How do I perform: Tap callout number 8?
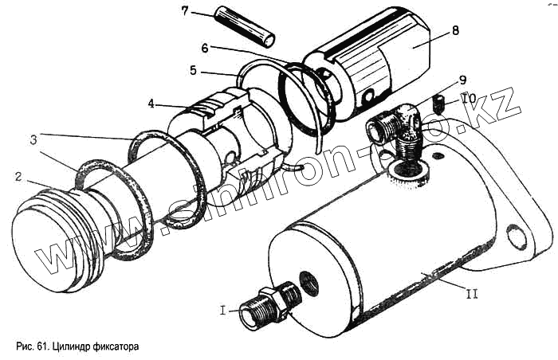455,31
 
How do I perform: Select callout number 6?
205,47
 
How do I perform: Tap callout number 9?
462,81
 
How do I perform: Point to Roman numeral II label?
471,294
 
